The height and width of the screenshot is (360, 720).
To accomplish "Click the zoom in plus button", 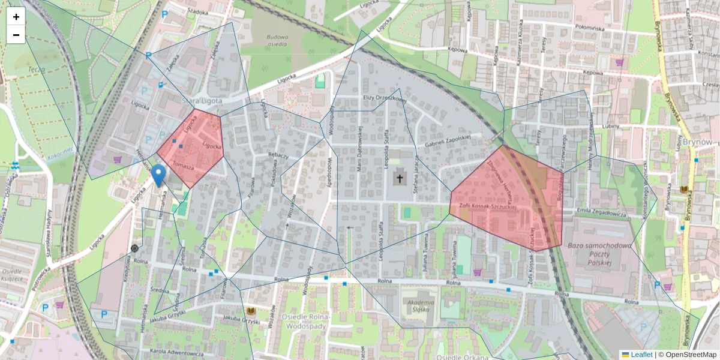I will [16, 17].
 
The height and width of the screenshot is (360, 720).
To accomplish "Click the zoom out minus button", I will [16, 35].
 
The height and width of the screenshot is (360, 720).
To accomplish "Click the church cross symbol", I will [400, 178].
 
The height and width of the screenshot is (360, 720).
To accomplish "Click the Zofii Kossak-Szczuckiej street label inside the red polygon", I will [488, 206].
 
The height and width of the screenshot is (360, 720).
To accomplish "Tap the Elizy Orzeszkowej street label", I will [385, 98].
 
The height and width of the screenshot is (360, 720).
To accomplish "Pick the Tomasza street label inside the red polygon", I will [182, 165].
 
